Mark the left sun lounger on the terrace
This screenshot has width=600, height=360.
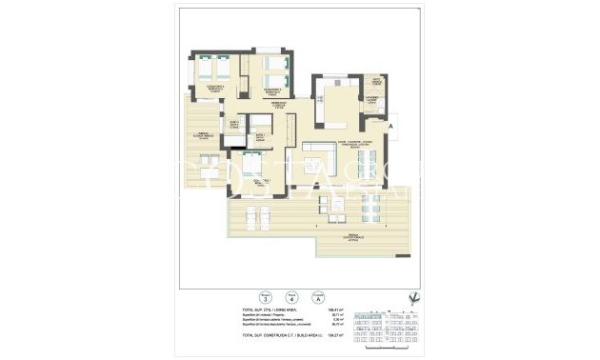click(x=250, y=215)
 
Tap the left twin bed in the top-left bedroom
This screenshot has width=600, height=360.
click(x=206, y=70)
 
